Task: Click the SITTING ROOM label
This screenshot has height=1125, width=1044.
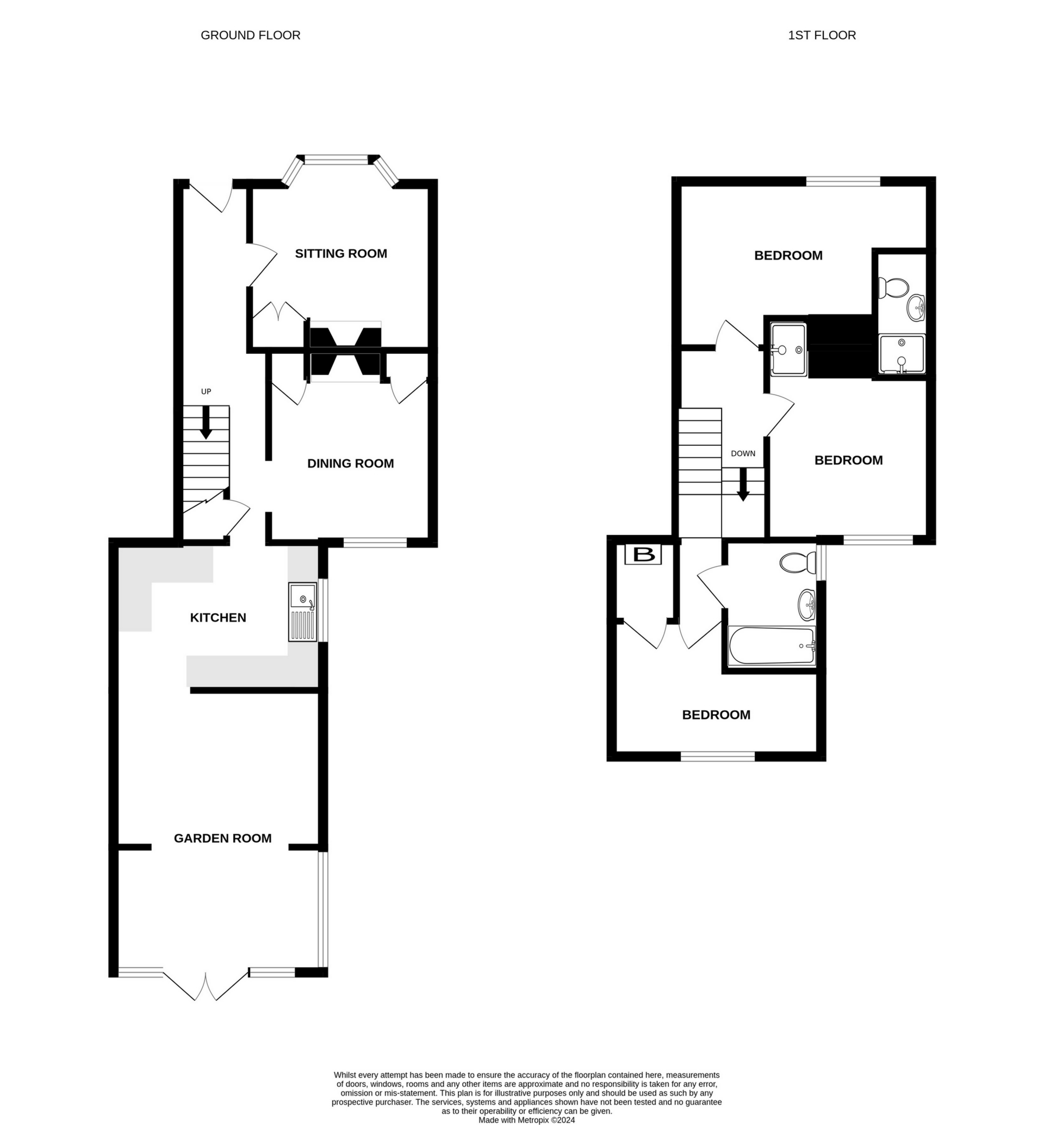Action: [x=341, y=254]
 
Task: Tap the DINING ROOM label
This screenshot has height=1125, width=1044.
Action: [x=350, y=464]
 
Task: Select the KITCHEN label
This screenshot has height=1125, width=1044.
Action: [x=218, y=618]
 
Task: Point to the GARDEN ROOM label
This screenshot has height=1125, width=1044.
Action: [x=222, y=838]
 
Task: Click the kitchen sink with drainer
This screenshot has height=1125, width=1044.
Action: [x=303, y=612]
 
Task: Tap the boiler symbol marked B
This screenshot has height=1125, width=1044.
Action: [x=643, y=555]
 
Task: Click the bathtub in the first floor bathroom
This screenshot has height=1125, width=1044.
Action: [x=772, y=646]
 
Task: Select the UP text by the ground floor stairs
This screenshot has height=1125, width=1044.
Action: [x=206, y=392]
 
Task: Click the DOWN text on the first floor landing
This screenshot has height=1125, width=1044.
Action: [x=743, y=453]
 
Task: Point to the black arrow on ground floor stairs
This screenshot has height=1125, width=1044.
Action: [x=206, y=422]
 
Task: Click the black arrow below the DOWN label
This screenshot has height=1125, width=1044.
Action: [x=743, y=484]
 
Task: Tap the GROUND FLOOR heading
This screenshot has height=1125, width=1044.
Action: [x=250, y=35]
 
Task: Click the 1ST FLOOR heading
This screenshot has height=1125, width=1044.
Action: [x=822, y=35]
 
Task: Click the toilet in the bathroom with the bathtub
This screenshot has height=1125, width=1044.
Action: [x=797, y=563]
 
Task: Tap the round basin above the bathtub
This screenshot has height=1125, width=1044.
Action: [x=806, y=604]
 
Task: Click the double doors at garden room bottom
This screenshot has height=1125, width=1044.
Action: [x=206, y=987]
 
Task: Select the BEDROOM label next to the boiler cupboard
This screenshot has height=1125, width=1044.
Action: [x=716, y=715]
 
